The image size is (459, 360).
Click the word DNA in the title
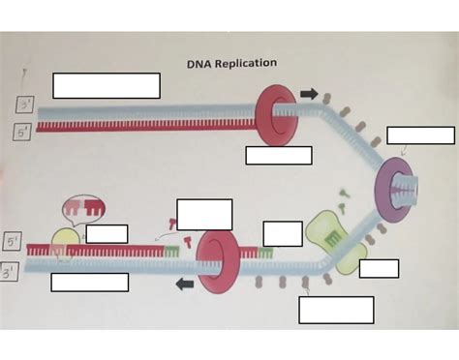coord(199,64)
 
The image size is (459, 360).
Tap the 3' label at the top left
coord(23,105)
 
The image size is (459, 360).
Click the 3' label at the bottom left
coord(14,268)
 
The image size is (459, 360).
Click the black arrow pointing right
coord(309,94)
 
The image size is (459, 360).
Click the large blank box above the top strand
coord(106,85)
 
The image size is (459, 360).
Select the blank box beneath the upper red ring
coord(279,155)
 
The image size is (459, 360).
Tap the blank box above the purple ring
coord(420,135)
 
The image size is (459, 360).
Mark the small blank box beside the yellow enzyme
coord(107,233)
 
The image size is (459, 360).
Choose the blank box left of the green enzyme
coord(283,233)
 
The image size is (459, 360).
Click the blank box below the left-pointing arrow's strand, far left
coord(89,283)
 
